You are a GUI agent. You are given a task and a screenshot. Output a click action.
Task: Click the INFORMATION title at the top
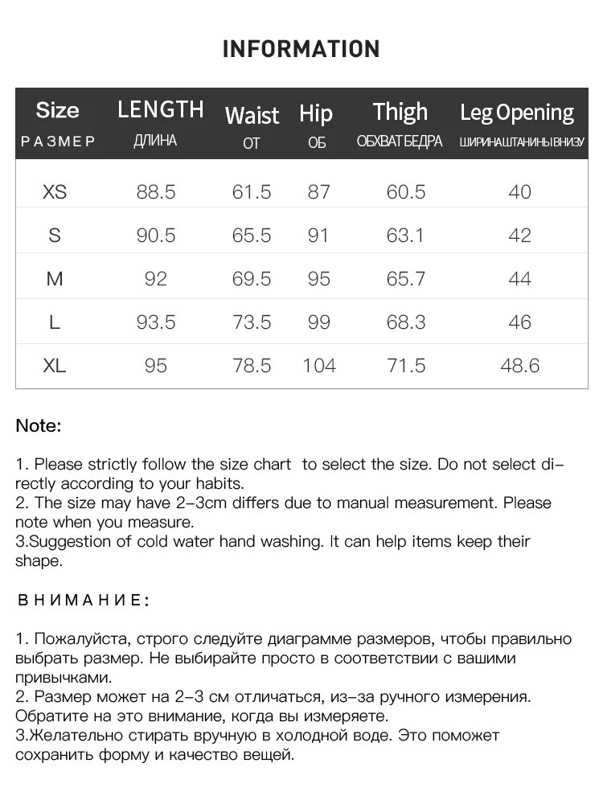click(x=301, y=49)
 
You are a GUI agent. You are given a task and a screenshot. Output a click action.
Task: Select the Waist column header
click(x=252, y=115)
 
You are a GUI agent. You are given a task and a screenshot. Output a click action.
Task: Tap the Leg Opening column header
click(x=517, y=113)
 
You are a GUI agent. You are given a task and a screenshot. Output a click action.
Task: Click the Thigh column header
click(x=400, y=112)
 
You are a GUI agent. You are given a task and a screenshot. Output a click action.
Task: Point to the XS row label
click(x=55, y=192)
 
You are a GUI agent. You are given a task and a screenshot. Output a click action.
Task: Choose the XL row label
click(x=55, y=366)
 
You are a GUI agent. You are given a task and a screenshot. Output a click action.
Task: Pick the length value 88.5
click(x=156, y=192)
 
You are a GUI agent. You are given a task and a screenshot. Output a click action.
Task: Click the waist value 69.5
click(x=252, y=279)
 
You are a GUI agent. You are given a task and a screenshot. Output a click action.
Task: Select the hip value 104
click(x=318, y=366)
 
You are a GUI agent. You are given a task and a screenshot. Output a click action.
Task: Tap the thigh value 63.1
click(x=406, y=236)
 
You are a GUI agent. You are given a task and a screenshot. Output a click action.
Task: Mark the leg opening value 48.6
click(x=519, y=366)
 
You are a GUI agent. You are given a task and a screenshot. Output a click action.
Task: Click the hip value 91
click(x=318, y=236)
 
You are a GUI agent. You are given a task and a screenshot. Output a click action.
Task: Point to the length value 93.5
click(x=156, y=322)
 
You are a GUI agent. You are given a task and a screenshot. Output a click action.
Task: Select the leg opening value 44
click(x=519, y=279)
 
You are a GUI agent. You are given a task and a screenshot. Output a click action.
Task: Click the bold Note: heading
click(x=39, y=426)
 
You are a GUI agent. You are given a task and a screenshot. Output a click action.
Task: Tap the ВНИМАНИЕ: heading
click(x=83, y=601)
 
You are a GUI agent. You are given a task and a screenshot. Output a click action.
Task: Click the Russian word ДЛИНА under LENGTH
click(x=156, y=142)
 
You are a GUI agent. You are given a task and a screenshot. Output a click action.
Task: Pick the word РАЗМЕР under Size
click(x=58, y=142)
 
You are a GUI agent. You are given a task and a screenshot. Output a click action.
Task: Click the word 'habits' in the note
click(x=217, y=484)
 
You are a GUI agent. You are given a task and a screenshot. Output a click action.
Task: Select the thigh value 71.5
click(x=406, y=366)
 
